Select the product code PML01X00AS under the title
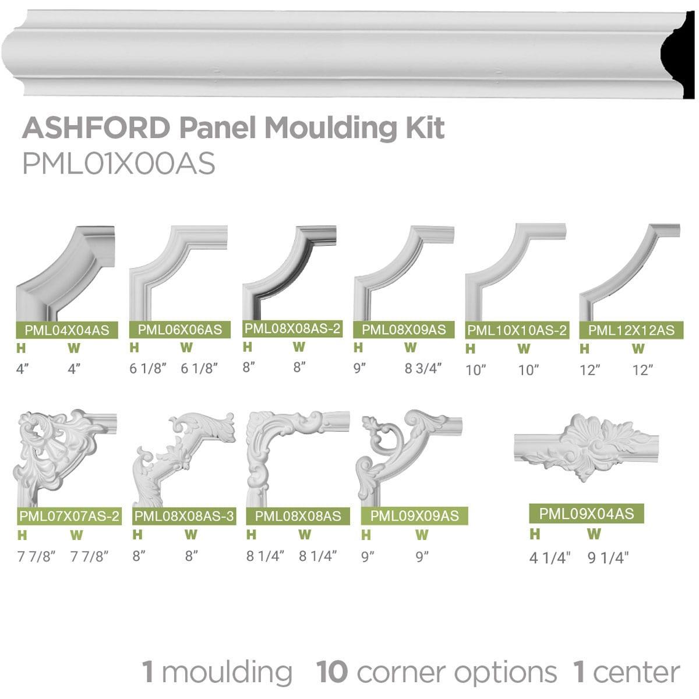(119, 164)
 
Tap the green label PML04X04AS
(66, 330)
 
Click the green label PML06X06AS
(180, 330)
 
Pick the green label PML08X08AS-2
(292, 329)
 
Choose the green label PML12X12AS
(631, 330)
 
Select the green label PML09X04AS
(586, 513)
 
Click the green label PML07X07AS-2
(69, 516)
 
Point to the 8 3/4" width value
(423, 368)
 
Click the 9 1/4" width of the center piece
(609, 558)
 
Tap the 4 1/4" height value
(549, 558)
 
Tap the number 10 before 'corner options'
(332, 672)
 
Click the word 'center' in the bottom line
(636, 672)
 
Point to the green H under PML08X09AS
(358, 348)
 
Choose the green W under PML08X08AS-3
(190, 534)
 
